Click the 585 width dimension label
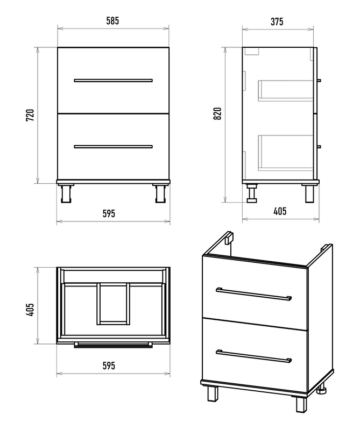tap(112, 21)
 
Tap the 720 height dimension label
tap(30, 116)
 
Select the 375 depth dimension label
tap(277, 21)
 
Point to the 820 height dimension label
tap(217, 113)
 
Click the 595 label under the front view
tap(109, 213)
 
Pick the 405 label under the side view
tap(280, 211)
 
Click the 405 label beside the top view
tap(30, 310)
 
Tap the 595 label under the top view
tap(109, 365)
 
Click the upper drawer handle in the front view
tap(113, 81)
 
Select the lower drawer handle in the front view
tap(113, 147)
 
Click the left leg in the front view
tap(66, 193)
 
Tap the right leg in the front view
tap(160, 193)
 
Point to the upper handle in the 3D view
tap(253, 295)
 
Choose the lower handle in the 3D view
tap(253, 356)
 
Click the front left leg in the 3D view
tap(212, 394)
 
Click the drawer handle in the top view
tap(113, 345)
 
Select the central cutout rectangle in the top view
tap(113, 304)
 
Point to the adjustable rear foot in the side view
tap(252, 193)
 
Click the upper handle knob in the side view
tap(319, 80)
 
